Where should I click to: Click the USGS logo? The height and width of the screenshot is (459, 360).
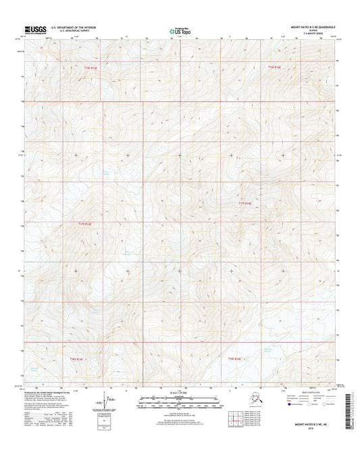[x=32, y=29]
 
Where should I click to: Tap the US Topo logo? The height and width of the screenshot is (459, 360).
[x=179, y=30]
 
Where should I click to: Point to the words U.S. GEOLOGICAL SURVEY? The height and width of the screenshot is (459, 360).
[x=68, y=31]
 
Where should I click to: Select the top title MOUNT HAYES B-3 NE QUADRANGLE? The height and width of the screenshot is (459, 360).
[x=308, y=27]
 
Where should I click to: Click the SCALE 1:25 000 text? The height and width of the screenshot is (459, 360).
[x=180, y=393]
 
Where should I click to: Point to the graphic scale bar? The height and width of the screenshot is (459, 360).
[x=180, y=403]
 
